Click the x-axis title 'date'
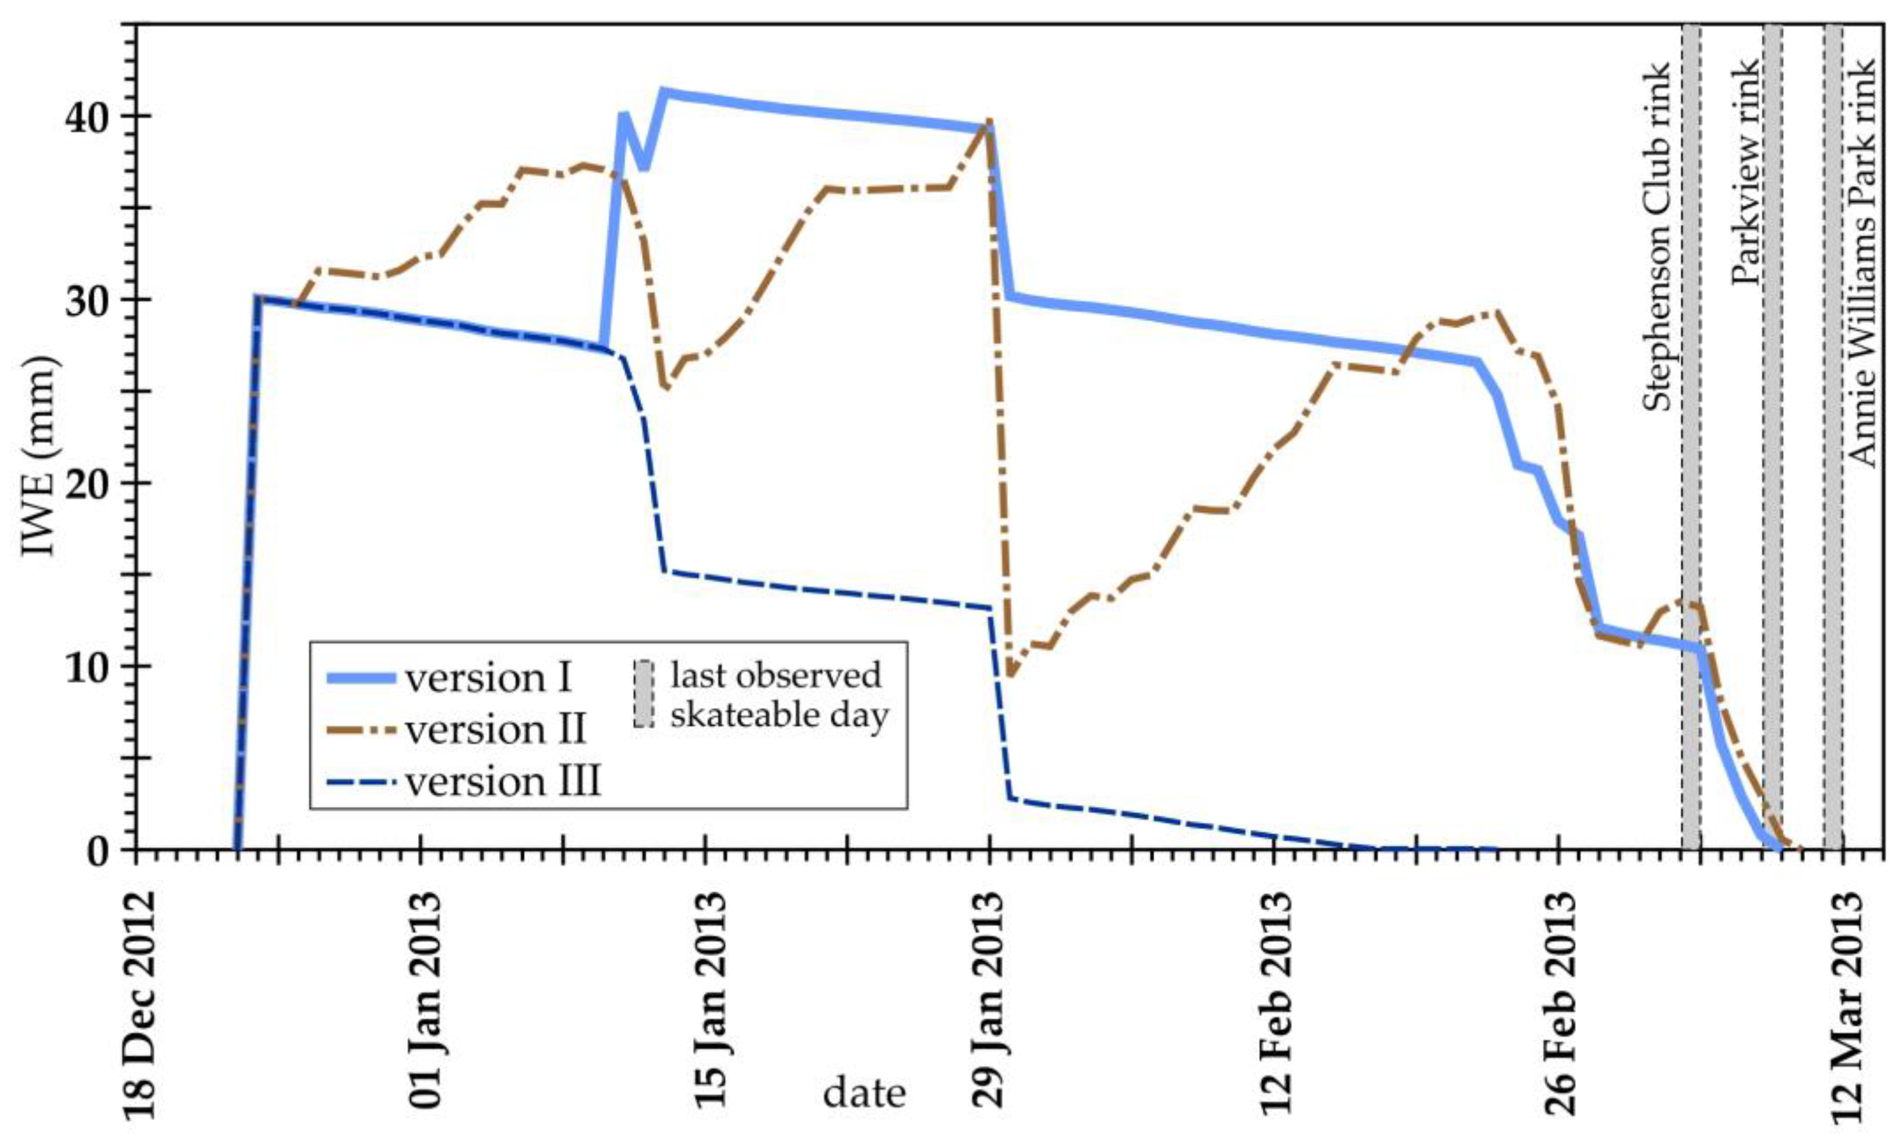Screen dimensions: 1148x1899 864,1093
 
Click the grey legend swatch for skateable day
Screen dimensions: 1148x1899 643,694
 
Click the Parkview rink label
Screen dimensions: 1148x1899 1745,173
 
